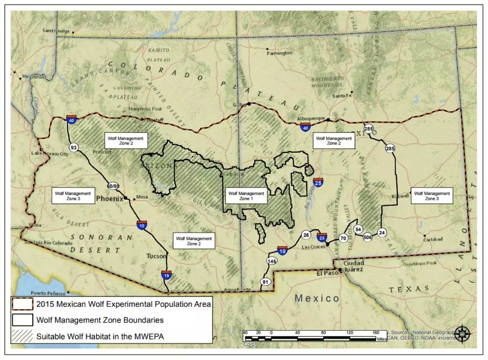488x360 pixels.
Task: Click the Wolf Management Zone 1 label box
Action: point(246,196)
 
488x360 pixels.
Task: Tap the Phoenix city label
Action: point(109,199)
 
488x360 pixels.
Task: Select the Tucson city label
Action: point(156,256)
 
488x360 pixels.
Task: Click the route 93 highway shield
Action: point(74,147)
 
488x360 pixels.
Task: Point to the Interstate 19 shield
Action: point(166,275)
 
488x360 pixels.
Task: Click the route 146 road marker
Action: point(272,261)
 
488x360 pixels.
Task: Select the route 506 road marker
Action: point(368,237)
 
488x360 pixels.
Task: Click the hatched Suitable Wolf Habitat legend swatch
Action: point(22,336)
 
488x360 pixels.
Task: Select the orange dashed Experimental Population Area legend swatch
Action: point(22,304)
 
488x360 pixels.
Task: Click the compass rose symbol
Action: point(463,333)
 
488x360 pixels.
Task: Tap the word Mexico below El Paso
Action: point(317,298)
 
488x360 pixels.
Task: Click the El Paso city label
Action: point(328,273)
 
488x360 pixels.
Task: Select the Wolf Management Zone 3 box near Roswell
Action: point(432,196)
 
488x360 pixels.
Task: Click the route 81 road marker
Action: point(266,282)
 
